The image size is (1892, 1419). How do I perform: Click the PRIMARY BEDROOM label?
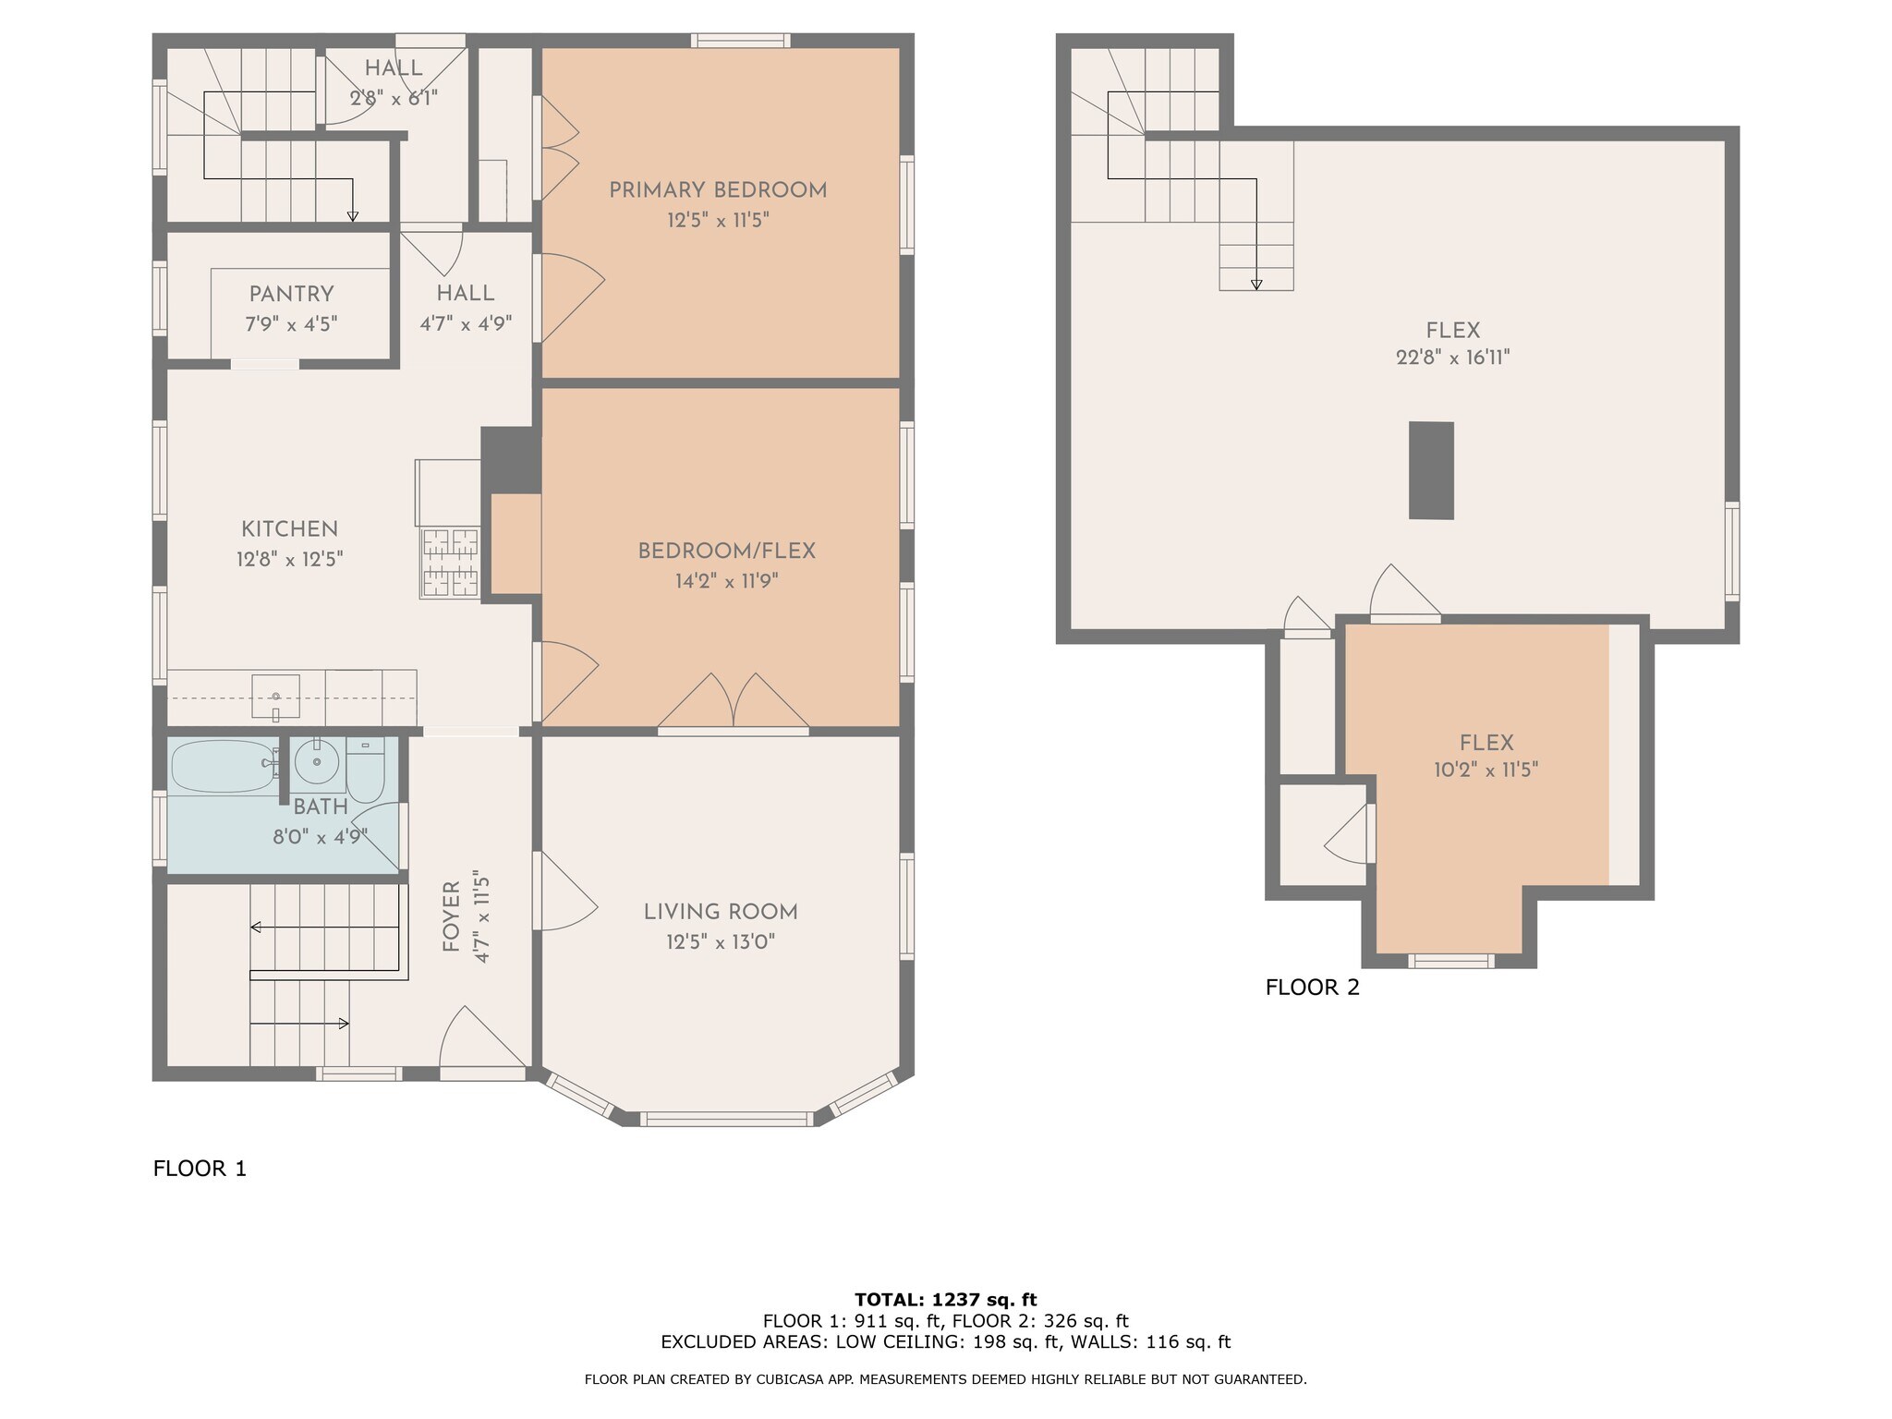(718, 190)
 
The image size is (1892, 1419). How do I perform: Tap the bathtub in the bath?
(224, 766)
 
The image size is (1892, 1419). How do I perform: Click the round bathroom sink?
(317, 762)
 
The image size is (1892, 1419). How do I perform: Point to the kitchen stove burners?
(451, 563)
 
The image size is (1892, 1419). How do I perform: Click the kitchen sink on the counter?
(275, 697)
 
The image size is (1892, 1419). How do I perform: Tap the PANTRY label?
(291, 294)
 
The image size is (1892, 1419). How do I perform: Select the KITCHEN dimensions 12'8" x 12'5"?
(290, 559)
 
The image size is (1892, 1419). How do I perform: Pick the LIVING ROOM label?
(721, 912)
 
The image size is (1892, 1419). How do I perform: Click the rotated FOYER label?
(451, 916)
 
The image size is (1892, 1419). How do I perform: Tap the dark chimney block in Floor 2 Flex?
(1431, 470)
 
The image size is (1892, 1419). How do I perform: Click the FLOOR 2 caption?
(1312, 988)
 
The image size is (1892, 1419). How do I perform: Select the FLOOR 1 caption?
(200, 1169)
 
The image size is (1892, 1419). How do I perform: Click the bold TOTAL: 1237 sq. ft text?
(946, 1300)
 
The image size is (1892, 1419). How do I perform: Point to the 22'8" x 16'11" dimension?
(1453, 358)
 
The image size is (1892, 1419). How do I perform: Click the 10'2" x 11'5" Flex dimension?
(1486, 770)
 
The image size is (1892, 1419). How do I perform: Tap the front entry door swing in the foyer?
(483, 1039)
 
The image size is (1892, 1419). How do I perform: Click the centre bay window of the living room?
(727, 1119)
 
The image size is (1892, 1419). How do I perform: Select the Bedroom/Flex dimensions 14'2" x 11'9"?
(727, 581)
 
